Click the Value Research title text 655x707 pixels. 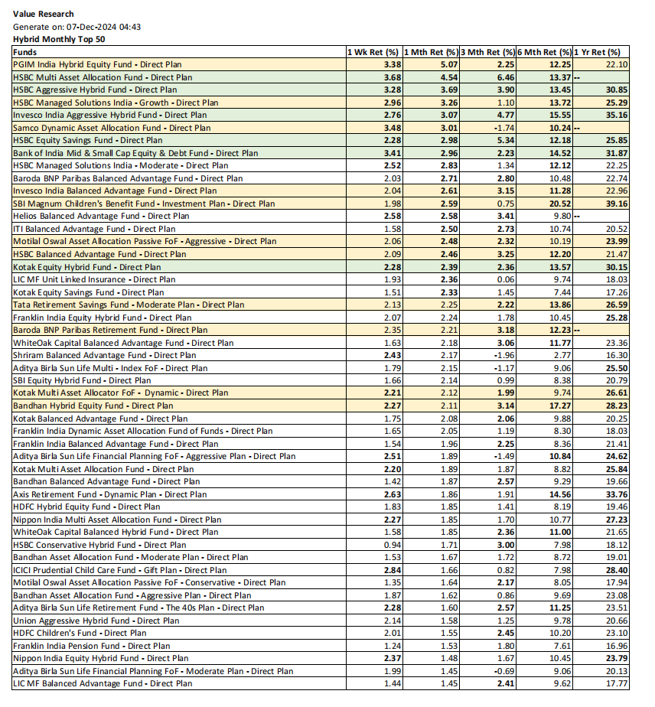point(44,14)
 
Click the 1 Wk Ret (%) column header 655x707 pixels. point(373,52)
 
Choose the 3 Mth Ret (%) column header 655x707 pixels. point(487,52)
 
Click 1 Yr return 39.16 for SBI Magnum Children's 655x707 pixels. point(615,204)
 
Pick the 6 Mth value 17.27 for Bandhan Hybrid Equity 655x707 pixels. point(559,406)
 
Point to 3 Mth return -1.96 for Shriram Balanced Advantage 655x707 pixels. point(503,355)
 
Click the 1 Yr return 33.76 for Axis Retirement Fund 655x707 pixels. point(615,494)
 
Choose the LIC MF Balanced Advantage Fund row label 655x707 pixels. point(103,683)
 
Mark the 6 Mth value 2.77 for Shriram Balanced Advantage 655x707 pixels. point(562,355)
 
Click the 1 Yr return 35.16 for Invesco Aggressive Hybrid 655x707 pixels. point(615,115)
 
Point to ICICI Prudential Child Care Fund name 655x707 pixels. point(119,570)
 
